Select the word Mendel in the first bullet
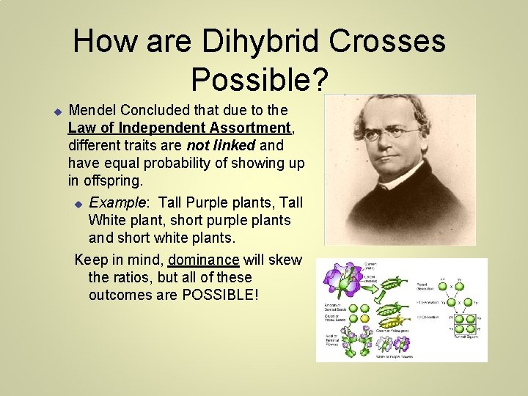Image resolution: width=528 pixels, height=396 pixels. point(92,111)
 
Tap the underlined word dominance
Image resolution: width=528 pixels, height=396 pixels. point(203,260)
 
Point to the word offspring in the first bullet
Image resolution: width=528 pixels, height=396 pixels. point(116,180)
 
